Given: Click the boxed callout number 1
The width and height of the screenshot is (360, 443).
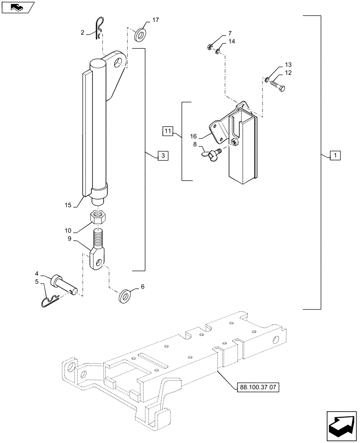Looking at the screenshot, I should click(x=336, y=155).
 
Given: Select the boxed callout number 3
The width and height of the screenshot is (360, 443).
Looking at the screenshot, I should click(x=162, y=155).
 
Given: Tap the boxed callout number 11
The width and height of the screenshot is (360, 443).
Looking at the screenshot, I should click(x=167, y=132).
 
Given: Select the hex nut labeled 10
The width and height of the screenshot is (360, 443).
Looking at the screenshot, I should click(x=98, y=217).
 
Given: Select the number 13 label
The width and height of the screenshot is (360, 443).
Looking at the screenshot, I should click(x=288, y=64).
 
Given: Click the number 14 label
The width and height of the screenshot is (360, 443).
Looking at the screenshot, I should click(x=231, y=42).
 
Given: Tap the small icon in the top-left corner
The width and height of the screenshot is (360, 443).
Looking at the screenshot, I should click(x=16, y=6).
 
